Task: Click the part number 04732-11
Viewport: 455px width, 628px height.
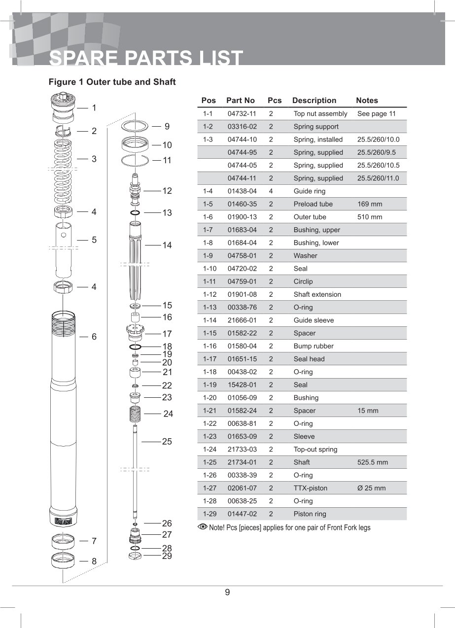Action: click(242, 114)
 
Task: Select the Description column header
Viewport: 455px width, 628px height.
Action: click(314, 101)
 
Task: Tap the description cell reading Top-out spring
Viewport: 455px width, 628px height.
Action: click(315, 450)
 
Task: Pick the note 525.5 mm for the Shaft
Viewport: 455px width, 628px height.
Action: click(372, 462)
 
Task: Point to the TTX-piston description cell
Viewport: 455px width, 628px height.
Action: click(310, 488)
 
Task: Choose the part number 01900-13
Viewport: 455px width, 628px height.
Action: click(242, 217)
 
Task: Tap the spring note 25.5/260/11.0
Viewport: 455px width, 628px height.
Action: click(378, 178)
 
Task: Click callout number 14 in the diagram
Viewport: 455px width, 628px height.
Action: click(167, 245)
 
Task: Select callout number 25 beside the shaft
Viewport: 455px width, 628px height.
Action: click(167, 442)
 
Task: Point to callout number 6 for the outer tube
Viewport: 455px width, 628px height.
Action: click(94, 337)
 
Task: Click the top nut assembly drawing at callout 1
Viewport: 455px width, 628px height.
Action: click(63, 108)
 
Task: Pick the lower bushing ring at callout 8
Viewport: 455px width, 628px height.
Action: click(63, 560)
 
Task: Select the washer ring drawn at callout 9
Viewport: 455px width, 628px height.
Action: click(134, 126)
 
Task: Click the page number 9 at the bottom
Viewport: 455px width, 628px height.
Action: click(227, 593)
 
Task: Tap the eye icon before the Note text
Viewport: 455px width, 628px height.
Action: click(202, 527)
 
